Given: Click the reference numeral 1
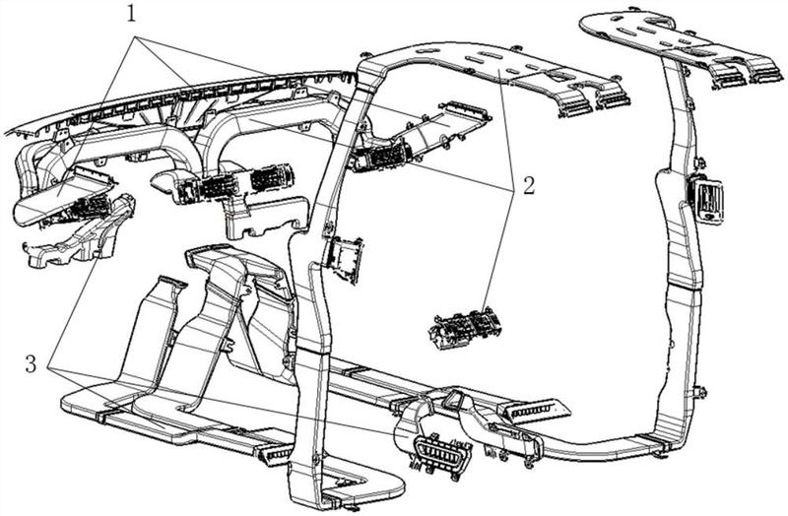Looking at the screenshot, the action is coord(131,14).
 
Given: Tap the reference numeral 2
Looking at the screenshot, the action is coord(529,186).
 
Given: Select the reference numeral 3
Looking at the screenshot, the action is coord(32,363).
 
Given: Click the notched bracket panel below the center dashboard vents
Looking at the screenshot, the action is coord(266,217).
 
